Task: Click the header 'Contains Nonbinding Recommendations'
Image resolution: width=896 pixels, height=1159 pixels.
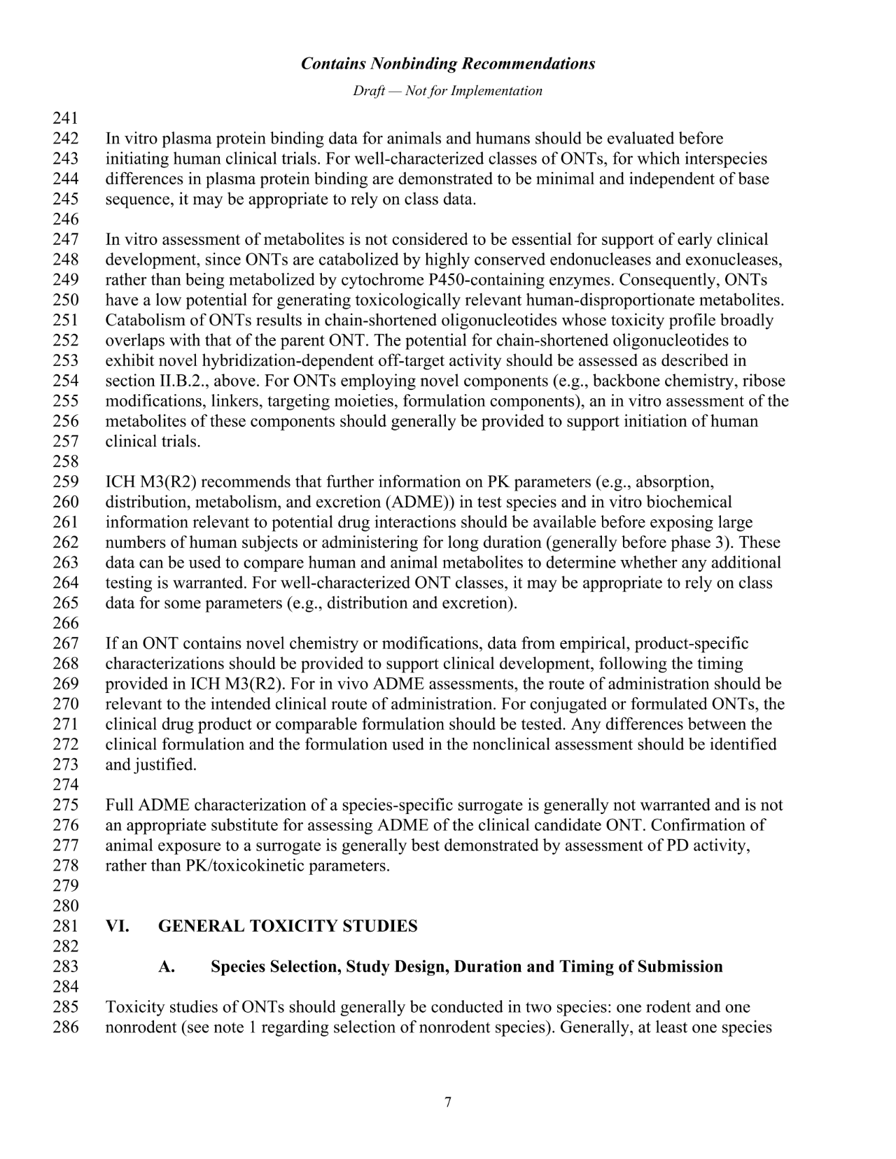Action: (448, 64)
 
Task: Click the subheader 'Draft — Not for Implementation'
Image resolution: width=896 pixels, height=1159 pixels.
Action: (448, 91)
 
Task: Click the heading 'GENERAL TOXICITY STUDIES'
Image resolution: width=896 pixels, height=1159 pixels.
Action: (288, 927)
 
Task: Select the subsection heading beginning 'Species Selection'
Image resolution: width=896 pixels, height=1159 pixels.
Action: (466, 967)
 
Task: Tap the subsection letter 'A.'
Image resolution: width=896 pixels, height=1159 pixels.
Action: (167, 967)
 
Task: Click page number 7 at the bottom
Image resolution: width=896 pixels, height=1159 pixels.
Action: (448, 1103)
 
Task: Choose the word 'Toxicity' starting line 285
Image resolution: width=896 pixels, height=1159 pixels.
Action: (133, 1008)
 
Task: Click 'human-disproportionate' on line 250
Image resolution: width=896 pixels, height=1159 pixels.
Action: (609, 301)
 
